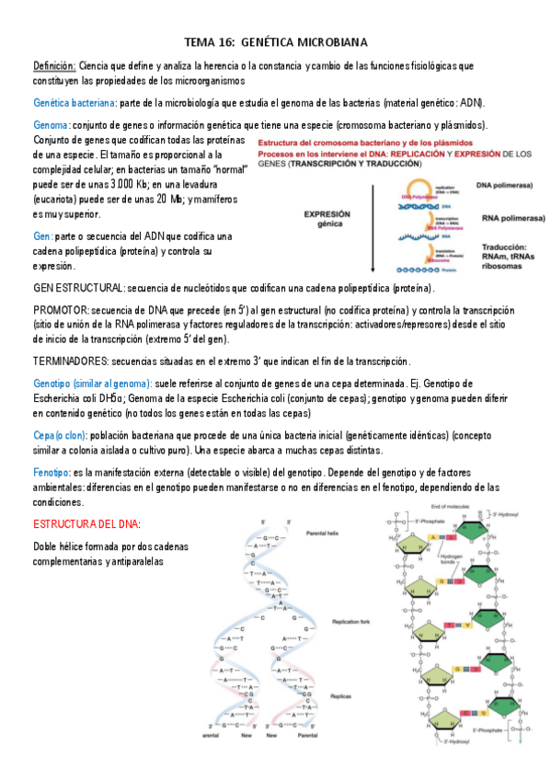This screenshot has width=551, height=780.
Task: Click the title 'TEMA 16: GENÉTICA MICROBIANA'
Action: pos(276,42)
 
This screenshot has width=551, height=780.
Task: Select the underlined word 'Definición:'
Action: pos(54,66)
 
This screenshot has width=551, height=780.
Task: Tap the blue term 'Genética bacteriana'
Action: pos(75,102)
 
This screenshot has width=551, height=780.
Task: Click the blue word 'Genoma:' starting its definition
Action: pos(51,125)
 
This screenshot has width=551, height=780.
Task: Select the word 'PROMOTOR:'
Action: pos(61,312)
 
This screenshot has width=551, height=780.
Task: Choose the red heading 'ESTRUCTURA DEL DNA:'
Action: pos(86,523)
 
